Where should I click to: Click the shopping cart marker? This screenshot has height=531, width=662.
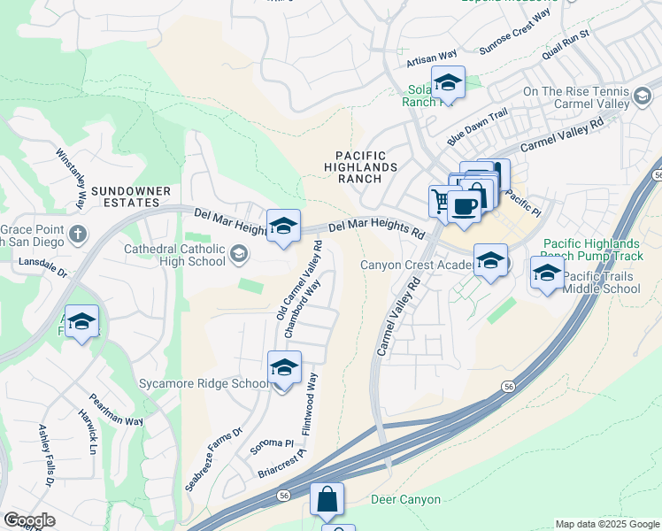click(x=440, y=199)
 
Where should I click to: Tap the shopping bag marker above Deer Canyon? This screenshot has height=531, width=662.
click(x=327, y=500)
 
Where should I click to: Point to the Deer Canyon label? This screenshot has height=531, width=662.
click(x=405, y=500)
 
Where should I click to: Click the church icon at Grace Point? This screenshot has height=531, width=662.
click(x=78, y=235)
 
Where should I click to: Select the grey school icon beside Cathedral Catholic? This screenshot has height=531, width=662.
click(x=238, y=255)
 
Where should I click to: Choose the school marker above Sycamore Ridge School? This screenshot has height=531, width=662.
click(x=284, y=367)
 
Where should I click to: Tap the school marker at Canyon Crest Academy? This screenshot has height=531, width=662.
click(x=490, y=260)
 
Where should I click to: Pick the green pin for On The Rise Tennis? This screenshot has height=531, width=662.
click(x=643, y=94)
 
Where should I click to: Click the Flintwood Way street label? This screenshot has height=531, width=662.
click(x=311, y=403)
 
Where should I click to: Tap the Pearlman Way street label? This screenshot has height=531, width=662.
click(x=116, y=409)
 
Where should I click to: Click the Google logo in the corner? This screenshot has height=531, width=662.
click(x=29, y=520)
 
